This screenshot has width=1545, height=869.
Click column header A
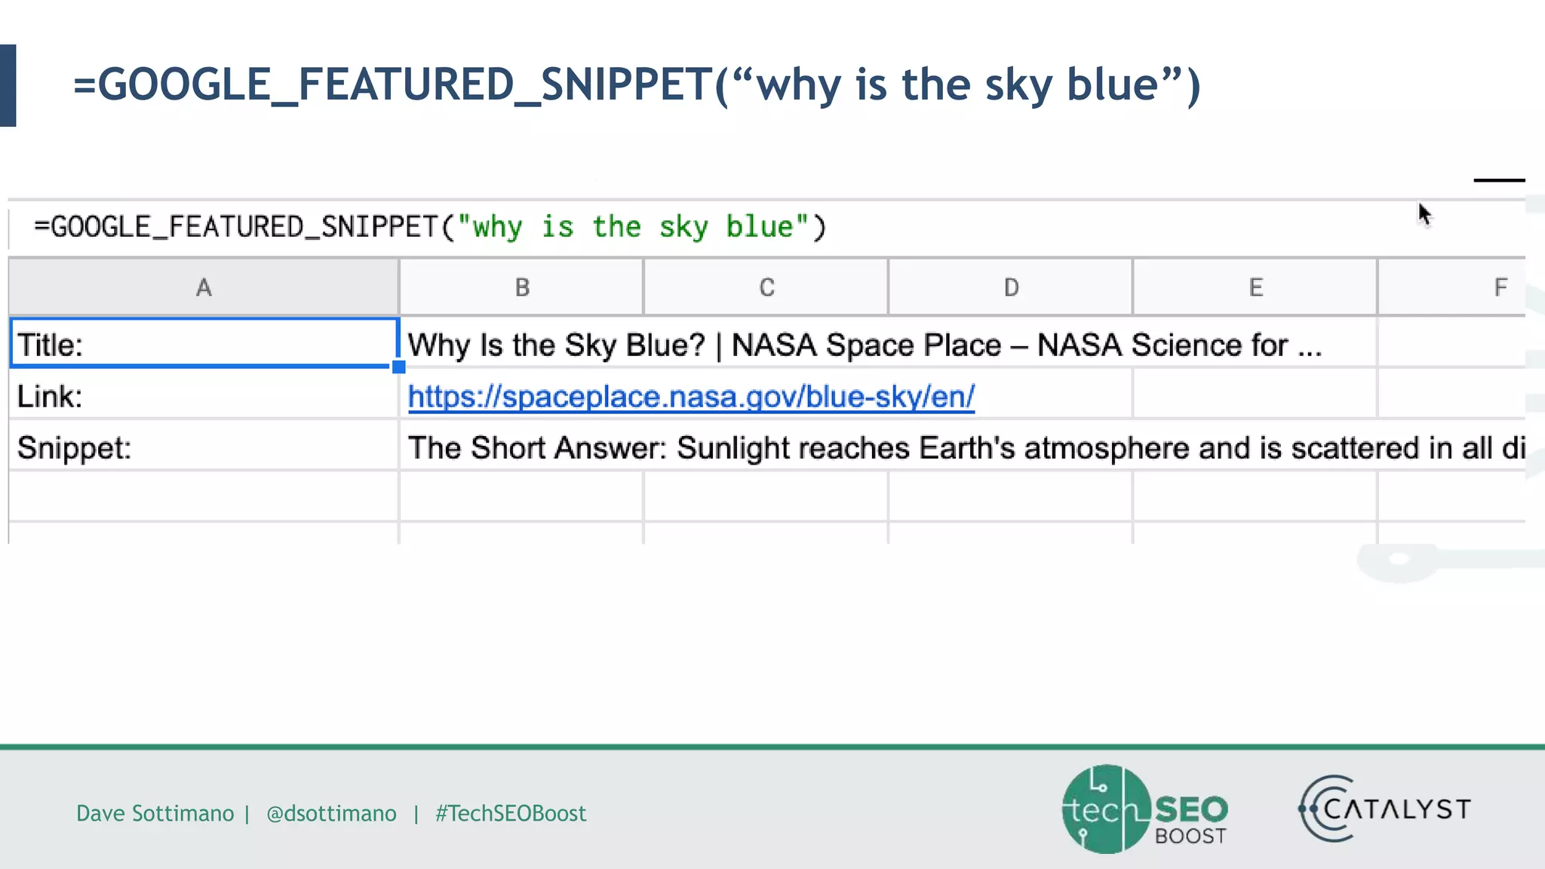pos(204,287)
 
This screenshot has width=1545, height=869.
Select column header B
pos(522,287)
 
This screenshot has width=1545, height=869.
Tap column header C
pos(766,287)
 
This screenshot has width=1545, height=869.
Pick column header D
pos(1011,287)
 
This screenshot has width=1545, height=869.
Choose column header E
pos(1255,287)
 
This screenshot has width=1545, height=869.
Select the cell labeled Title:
pos(204,345)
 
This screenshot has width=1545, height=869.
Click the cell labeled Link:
pos(204,396)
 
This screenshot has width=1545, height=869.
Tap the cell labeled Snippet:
pos(204,448)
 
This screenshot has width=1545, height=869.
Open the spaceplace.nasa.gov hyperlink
pos(691,397)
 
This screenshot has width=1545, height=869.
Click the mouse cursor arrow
pos(1424,215)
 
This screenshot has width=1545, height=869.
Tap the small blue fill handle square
pos(398,367)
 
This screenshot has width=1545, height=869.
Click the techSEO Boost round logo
pos(1107,809)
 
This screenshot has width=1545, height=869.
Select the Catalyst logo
pos(1384,809)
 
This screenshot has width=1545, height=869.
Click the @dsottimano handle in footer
pos(331,813)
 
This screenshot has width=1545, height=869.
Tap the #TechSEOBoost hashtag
pos(511,813)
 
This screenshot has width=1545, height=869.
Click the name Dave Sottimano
pos(155,813)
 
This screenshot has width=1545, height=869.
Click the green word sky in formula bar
pos(683,227)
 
